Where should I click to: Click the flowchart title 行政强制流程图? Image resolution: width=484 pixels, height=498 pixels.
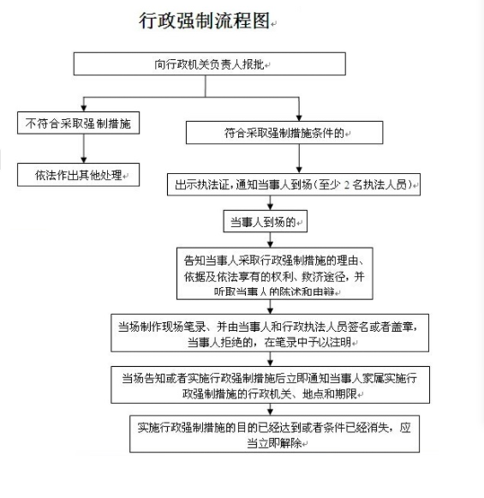pyautogui.click(x=205, y=21)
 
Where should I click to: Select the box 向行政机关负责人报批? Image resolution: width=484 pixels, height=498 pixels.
pyautogui.click(x=210, y=63)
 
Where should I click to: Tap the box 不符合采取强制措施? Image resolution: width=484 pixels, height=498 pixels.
pyautogui.click(x=79, y=123)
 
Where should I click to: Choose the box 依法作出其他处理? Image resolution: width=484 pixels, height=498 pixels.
pyautogui.click(x=79, y=175)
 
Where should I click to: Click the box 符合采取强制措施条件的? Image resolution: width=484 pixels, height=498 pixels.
pyautogui.click(x=284, y=133)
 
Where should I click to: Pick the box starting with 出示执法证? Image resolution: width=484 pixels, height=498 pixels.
pyautogui.click(x=294, y=184)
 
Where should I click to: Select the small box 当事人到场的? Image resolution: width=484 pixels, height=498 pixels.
pyautogui.click(x=266, y=221)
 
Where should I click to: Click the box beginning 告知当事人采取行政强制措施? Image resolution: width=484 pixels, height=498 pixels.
pyautogui.click(x=275, y=273)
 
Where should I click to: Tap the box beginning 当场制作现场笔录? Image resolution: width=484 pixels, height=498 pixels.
pyautogui.click(x=270, y=333)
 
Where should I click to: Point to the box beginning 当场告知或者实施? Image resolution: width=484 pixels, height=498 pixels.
pyautogui.click(x=271, y=385)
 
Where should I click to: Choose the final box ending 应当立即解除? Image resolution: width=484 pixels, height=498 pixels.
pyautogui.click(x=274, y=434)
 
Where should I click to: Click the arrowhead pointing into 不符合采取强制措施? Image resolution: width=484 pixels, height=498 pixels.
pyautogui.click(x=84, y=109)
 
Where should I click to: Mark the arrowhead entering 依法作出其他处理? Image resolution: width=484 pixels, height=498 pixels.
pyautogui.click(x=84, y=160)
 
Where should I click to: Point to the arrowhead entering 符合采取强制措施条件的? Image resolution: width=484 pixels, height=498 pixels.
pyautogui.click(x=299, y=118)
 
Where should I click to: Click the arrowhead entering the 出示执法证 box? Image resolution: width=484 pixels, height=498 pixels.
pyautogui.click(x=299, y=170)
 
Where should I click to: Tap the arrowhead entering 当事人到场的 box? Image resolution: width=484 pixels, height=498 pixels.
pyautogui.click(x=270, y=207)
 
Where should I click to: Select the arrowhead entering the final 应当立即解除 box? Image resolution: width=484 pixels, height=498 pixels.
pyautogui.click(x=270, y=412)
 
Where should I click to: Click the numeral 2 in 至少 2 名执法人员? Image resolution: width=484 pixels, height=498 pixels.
pyautogui.click(x=347, y=185)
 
